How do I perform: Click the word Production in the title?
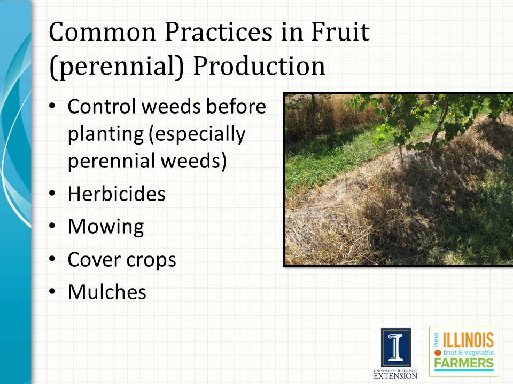click(259, 67)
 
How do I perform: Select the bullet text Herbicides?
click(116, 194)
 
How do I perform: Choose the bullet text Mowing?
click(106, 227)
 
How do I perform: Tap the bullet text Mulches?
click(107, 292)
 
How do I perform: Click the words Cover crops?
click(122, 260)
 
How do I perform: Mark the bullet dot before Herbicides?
click(52, 194)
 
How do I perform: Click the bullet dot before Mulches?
click(52, 292)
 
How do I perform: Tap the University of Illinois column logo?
click(395, 347)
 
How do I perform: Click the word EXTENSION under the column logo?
click(396, 375)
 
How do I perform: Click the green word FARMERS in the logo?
click(464, 364)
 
